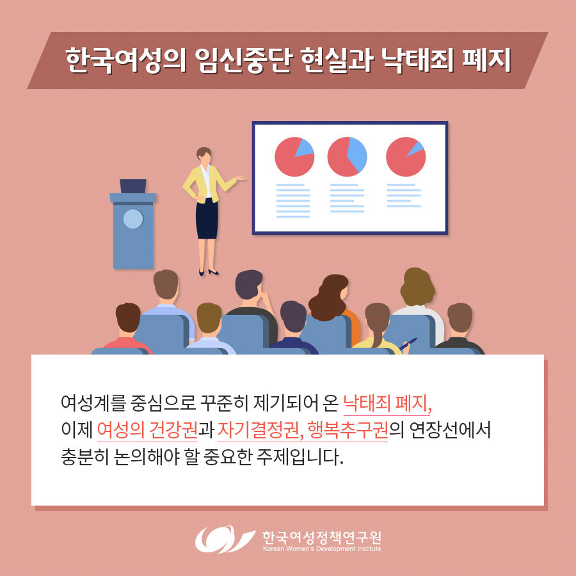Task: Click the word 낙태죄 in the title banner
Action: click(x=417, y=61)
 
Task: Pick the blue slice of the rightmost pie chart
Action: click(x=417, y=148)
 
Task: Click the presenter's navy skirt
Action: click(x=207, y=219)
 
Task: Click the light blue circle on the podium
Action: click(x=133, y=219)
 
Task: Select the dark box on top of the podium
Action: click(x=133, y=186)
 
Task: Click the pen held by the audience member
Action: click(x=408, y=344)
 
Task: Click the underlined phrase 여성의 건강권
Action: click(x=147, y=430)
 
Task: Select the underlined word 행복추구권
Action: click(x=348, y=430)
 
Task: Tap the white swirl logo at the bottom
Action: click(x=225, y=539)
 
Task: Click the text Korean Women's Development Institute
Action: click(x=322, y=549)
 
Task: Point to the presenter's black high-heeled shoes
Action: click(x=209, y=272)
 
